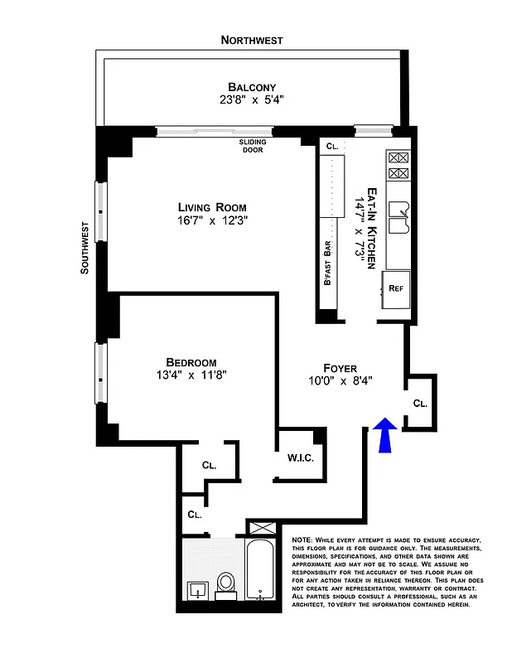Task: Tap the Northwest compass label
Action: tap(252, 40)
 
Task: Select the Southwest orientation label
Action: tap(85, 247)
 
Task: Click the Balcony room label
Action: tap(252, 87)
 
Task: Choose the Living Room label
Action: tap(212, 207)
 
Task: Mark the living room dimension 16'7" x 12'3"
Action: tap(212, 221)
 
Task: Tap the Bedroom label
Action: tap(191, 362)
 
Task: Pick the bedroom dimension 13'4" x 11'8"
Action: tap(191, 375)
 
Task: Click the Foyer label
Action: tap(340, 367)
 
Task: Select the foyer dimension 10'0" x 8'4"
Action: tap(340, 381)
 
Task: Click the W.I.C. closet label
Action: tap(300, 457)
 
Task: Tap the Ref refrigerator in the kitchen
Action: tap(395, 290)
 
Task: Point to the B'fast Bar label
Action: tap(328, 264)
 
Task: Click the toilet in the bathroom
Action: tap(226, 584)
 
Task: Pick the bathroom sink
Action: tap(196, 589)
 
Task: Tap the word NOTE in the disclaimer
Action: tap(305, 540)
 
